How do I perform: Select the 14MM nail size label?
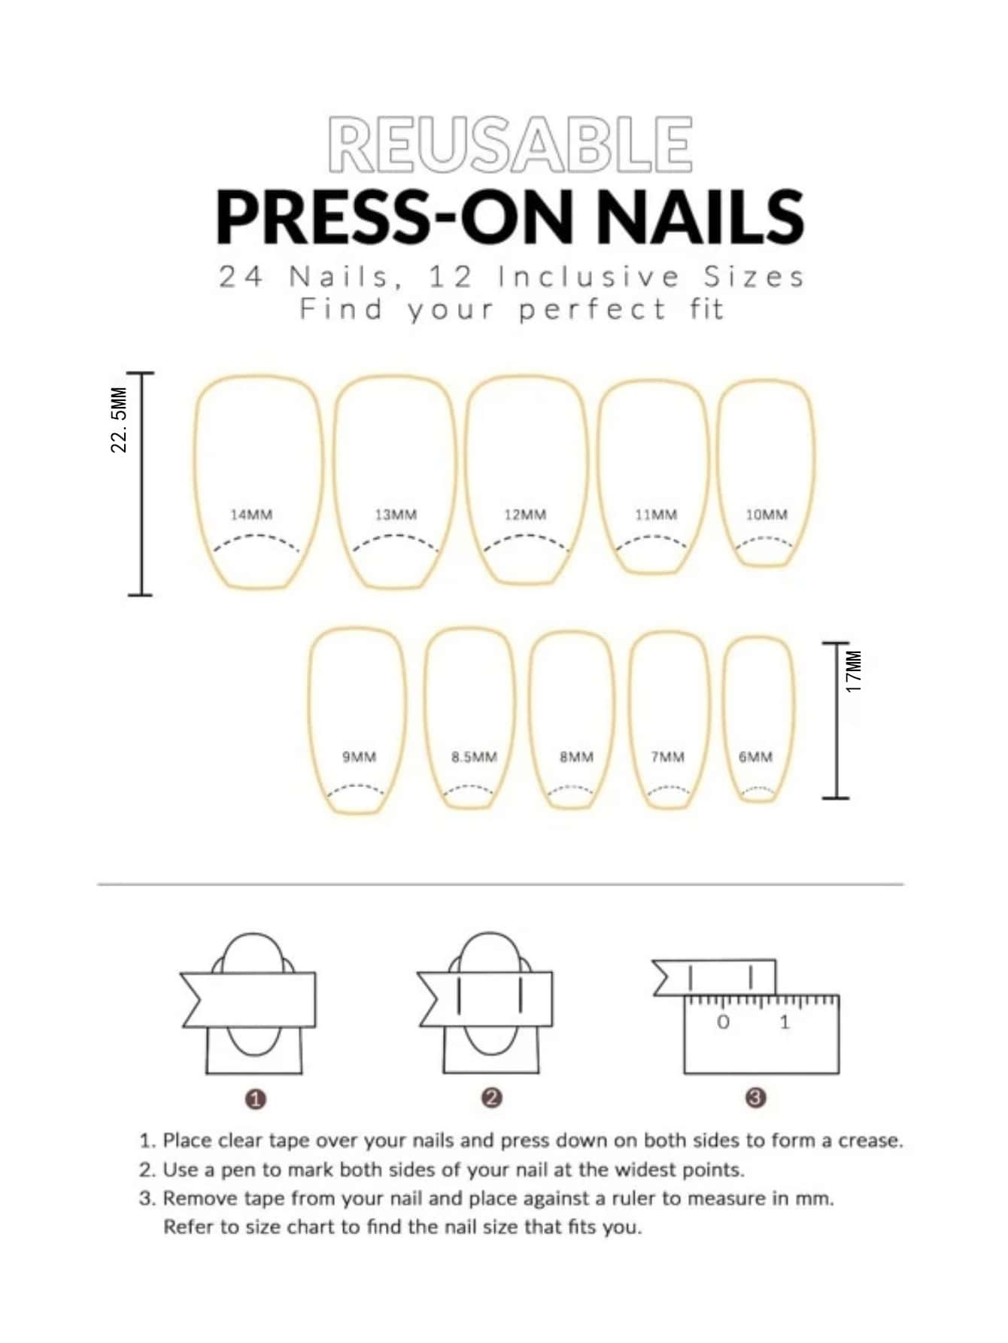point(251,515)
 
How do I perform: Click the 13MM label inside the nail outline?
point(396,515)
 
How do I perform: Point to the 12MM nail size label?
point(525,515)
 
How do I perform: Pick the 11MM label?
point(656,515)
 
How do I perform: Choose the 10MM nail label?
point(767,515)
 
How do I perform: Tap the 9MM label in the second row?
point(359,757)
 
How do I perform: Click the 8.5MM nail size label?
point(474,757)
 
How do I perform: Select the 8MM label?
point(576,757)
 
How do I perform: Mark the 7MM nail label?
point(668,757)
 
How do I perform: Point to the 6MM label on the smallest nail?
point(755,757)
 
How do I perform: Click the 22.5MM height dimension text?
point(119,420)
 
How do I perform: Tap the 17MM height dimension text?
point(852,671)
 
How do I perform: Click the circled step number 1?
point(256,1099)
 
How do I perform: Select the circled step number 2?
point(490,1098)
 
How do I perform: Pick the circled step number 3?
point(755,1098)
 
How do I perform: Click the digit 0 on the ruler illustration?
point(723,1022)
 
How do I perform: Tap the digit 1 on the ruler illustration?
point(785,1022)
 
